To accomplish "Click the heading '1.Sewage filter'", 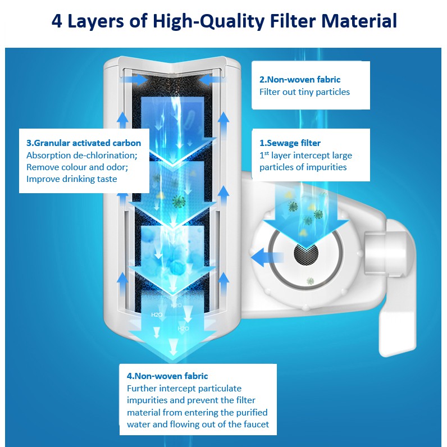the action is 290,143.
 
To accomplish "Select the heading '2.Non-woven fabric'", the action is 300,79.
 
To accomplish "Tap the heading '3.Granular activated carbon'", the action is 84,143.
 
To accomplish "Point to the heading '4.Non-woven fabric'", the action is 167,376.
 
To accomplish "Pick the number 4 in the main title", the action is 57,21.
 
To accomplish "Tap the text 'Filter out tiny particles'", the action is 304,92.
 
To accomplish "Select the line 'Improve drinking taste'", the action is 71,179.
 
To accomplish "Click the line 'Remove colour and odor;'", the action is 77,167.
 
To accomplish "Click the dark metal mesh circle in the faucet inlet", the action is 306,253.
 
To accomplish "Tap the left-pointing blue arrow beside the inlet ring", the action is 267,257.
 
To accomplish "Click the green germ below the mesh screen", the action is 310,281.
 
